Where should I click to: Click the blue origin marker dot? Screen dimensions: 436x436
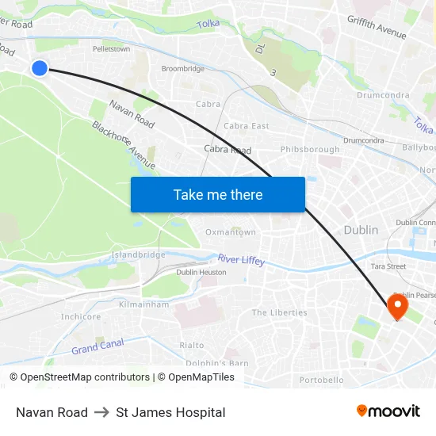pos(40,68)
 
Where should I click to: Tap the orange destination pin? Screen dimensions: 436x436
pos(396,306)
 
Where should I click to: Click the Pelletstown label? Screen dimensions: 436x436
pos(111,49)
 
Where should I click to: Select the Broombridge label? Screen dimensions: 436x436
pos(183,69)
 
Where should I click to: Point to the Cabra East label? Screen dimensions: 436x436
pos(246,126)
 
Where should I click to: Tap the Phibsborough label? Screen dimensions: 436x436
pos(309,149)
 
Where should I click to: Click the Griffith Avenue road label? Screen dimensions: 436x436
pos(377,28)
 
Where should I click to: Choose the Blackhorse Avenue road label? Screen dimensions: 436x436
pos(123,144)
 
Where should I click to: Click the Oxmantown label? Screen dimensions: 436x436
pos(231,232)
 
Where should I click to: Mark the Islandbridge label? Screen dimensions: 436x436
pos(139,254)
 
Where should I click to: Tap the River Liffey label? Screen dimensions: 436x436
pos(241,259)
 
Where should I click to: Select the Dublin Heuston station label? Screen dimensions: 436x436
pos(201,272)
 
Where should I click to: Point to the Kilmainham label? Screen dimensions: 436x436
pos(143,304)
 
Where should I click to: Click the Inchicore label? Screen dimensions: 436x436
pos(81,316)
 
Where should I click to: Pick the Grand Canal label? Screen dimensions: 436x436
pos(97,347)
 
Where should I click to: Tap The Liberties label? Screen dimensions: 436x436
pos(279,313)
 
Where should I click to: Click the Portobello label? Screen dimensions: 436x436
pos(323,380)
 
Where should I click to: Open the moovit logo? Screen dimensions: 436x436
pos(388,411)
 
